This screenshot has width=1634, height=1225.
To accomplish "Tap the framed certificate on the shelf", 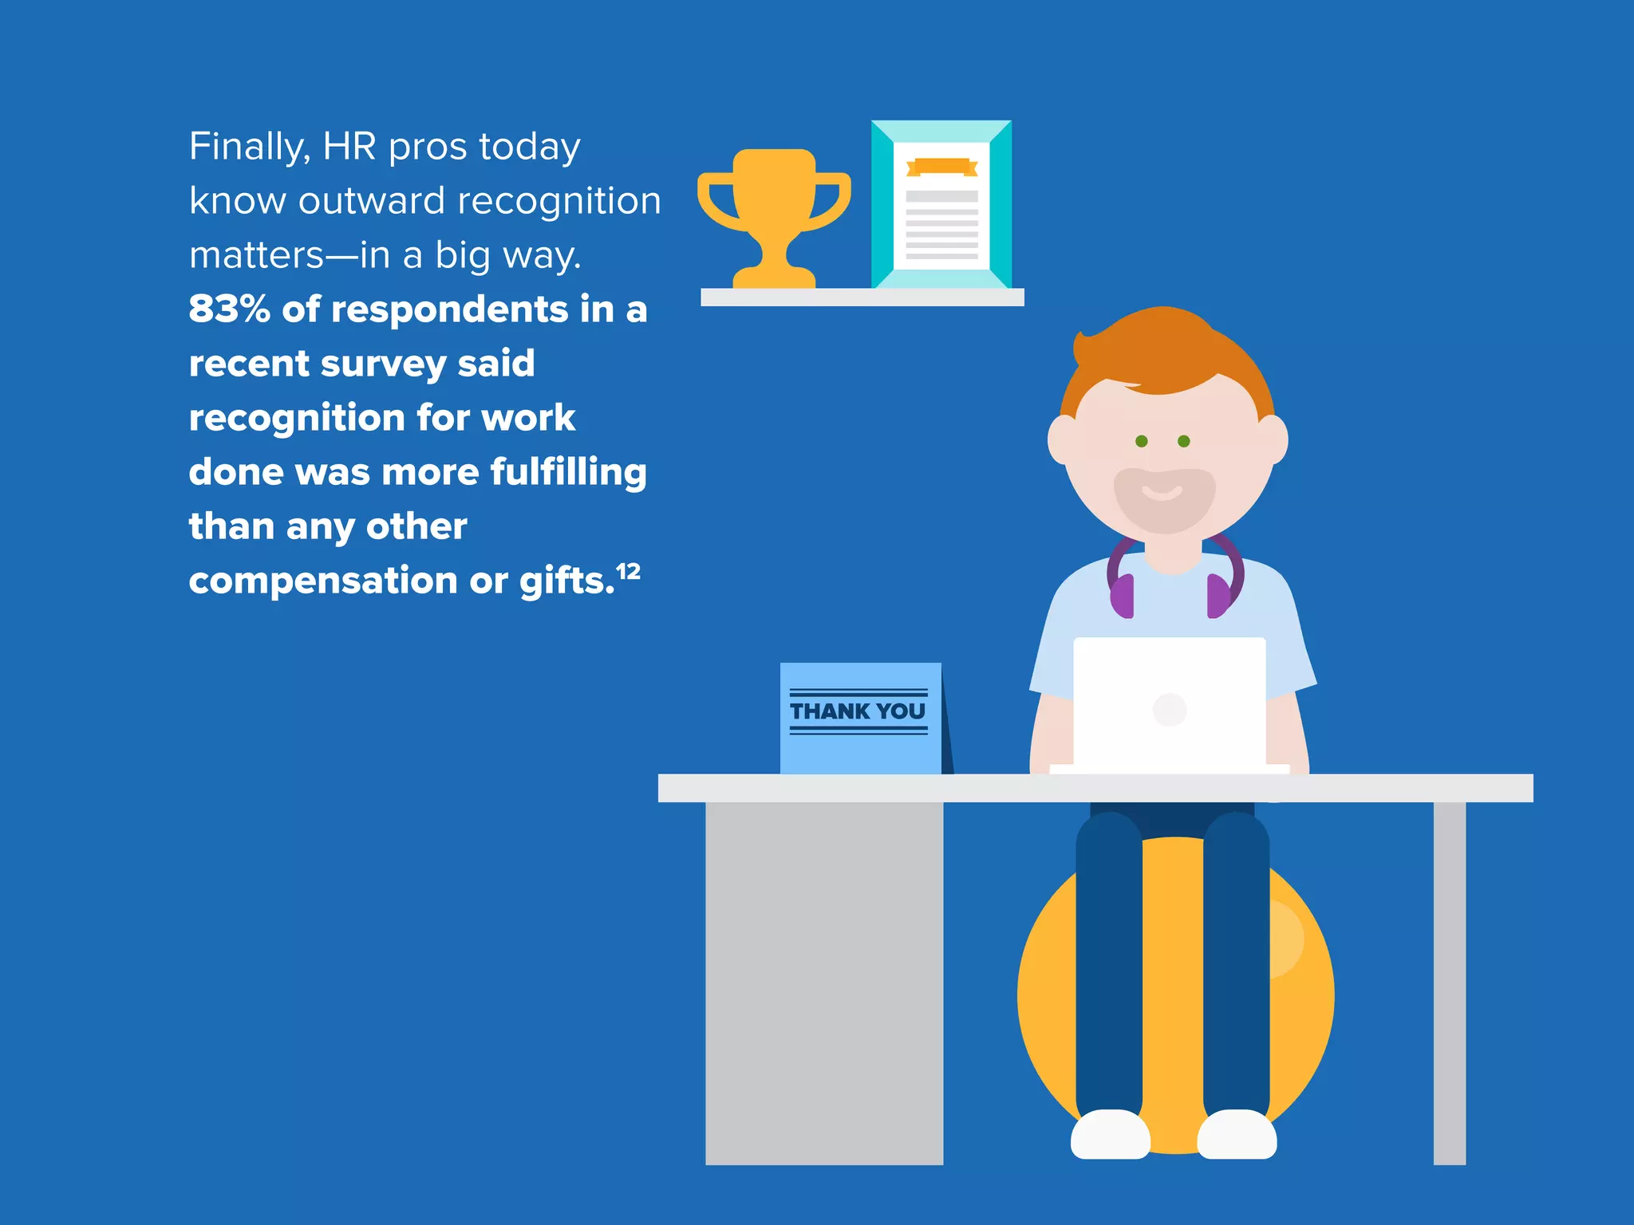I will point(941,205).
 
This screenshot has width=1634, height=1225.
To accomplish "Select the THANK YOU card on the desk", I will point(860,717).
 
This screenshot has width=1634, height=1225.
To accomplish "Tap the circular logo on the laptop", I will point(1170,709).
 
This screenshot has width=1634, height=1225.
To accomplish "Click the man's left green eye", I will point(1142,441).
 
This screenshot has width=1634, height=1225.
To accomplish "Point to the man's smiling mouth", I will point(1162,492).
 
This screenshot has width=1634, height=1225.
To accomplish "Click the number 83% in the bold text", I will point(230,309).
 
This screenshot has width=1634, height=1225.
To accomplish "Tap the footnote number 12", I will point(629,571).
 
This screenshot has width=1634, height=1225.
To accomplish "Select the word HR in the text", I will point(349,147).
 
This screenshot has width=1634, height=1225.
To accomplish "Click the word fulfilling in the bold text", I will point(568,472).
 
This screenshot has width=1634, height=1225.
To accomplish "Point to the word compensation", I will point(324,581).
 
